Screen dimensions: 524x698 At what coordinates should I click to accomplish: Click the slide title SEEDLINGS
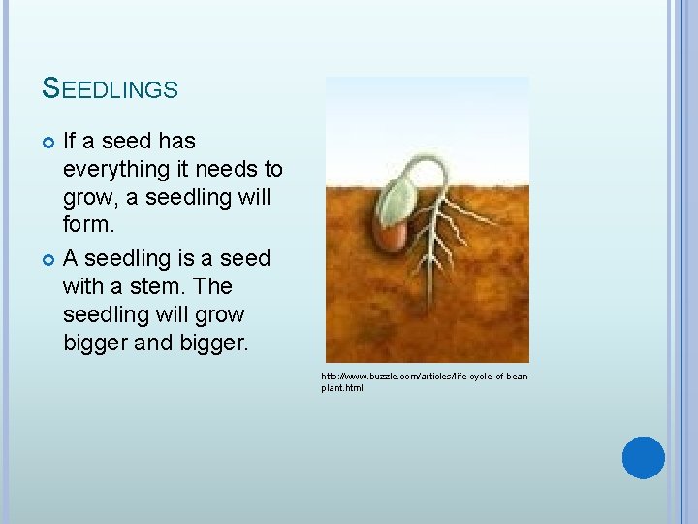point(111,89)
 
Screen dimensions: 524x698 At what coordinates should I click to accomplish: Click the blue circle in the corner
point(643,457)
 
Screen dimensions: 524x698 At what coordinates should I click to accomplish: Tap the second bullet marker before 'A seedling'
point(49,259)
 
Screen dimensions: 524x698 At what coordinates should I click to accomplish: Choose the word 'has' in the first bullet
point(175,142)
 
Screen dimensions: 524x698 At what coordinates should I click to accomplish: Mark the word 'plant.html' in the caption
point(342,387)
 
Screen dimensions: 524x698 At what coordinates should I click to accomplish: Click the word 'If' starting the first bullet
point(70,142)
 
